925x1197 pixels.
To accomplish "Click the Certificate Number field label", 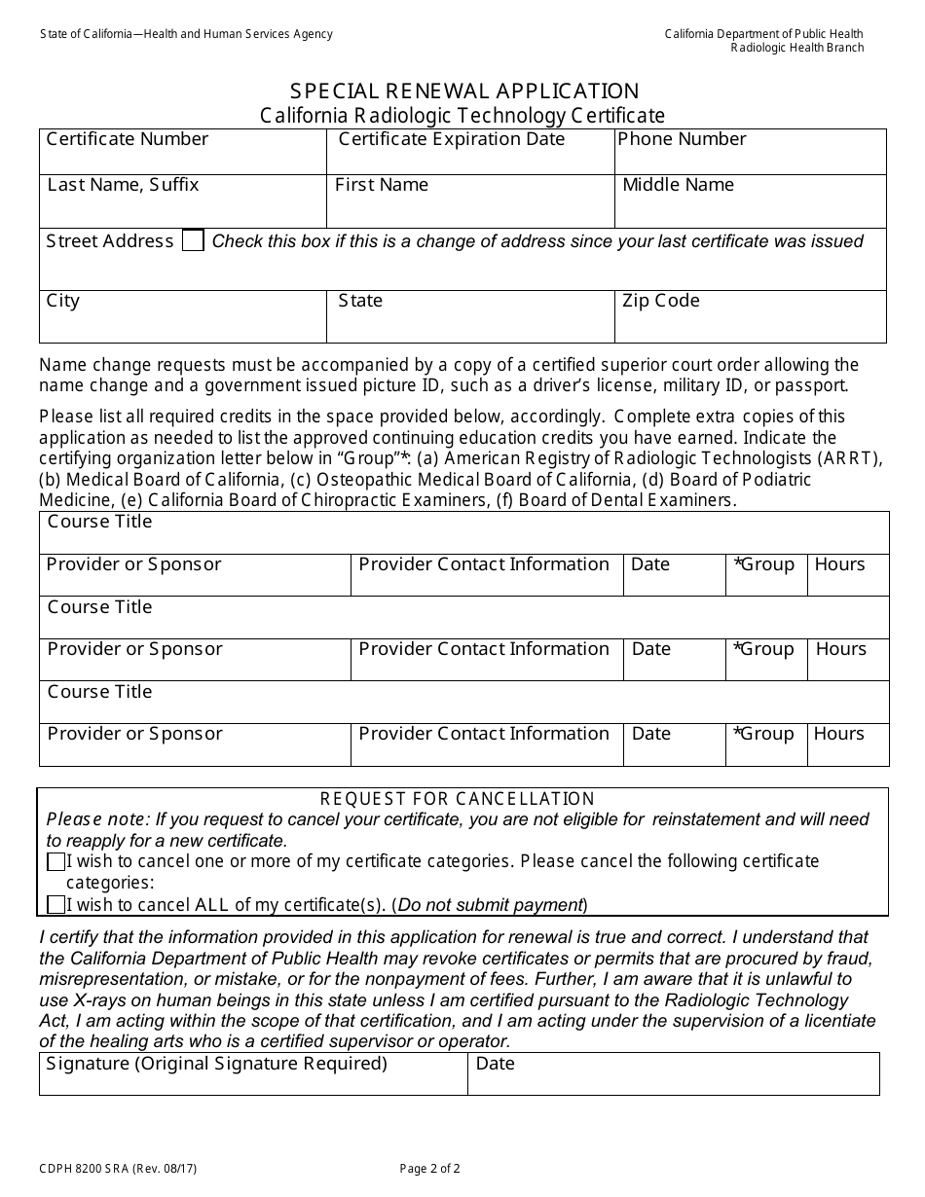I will point(128,139).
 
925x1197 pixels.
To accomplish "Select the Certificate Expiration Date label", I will point(451,139).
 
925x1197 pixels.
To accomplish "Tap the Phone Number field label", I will point(682,139).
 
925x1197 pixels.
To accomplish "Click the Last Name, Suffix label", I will point(123,185).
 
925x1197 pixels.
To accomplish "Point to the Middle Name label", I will point(678,185).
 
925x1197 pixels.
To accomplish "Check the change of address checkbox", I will point(193,241).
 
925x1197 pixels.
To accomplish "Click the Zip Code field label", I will point(660,301).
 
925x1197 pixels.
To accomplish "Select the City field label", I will point(63,301).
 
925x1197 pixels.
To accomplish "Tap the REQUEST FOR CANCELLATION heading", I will point(458,799).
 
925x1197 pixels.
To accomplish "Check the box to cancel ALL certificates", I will point(56,905).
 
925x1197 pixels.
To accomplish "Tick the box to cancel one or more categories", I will point(56,862).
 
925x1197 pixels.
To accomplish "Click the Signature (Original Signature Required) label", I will point(216,1064).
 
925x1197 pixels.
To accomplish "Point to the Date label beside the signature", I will point(495,1064).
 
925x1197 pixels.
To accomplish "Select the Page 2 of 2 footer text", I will point(430,1169).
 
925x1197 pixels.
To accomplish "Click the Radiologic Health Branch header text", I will point(797,49).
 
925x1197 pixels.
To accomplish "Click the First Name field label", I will point(382,185).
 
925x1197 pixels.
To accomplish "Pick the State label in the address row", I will point(360,301).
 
